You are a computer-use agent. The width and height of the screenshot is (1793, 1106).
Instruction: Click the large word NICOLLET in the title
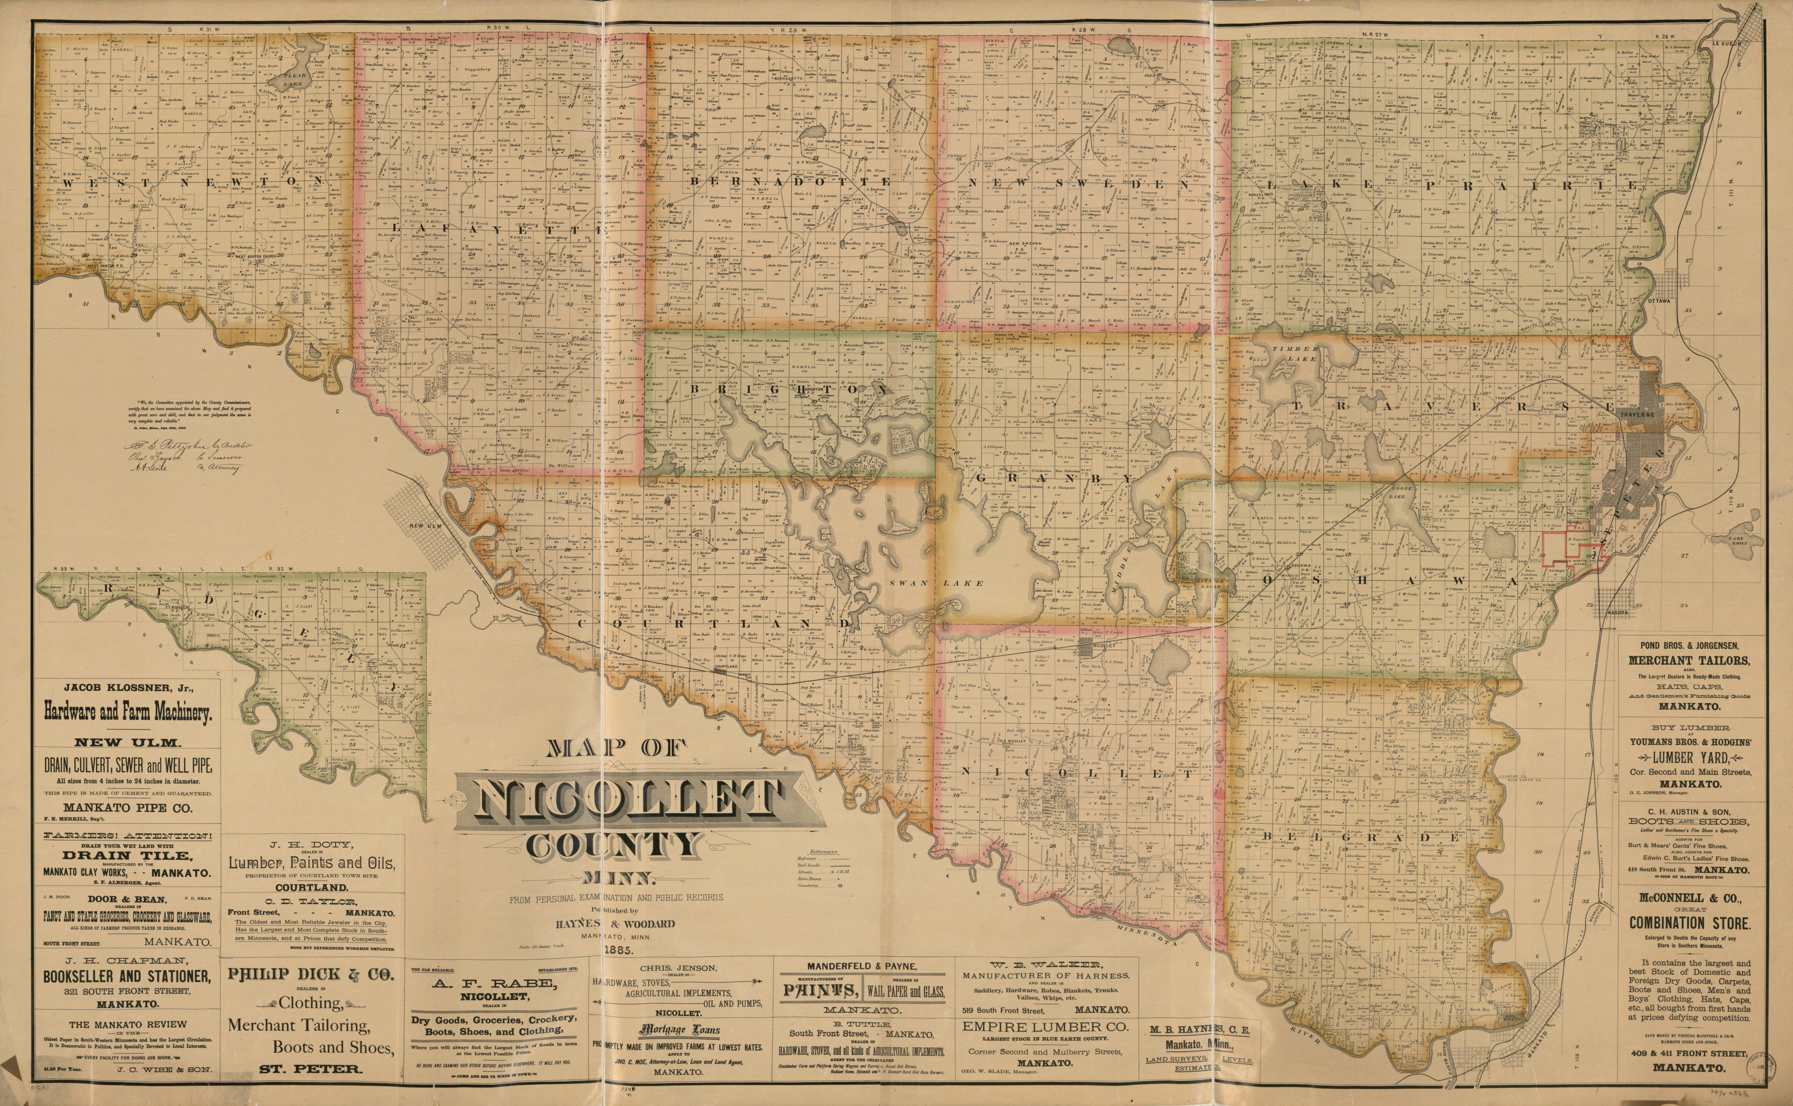[629, 802]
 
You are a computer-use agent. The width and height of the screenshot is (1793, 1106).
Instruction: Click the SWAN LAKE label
[936, 583]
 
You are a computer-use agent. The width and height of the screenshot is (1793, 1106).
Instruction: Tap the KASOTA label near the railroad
[1619, 612]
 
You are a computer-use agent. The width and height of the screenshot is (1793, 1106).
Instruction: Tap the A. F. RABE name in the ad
[497, 984]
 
